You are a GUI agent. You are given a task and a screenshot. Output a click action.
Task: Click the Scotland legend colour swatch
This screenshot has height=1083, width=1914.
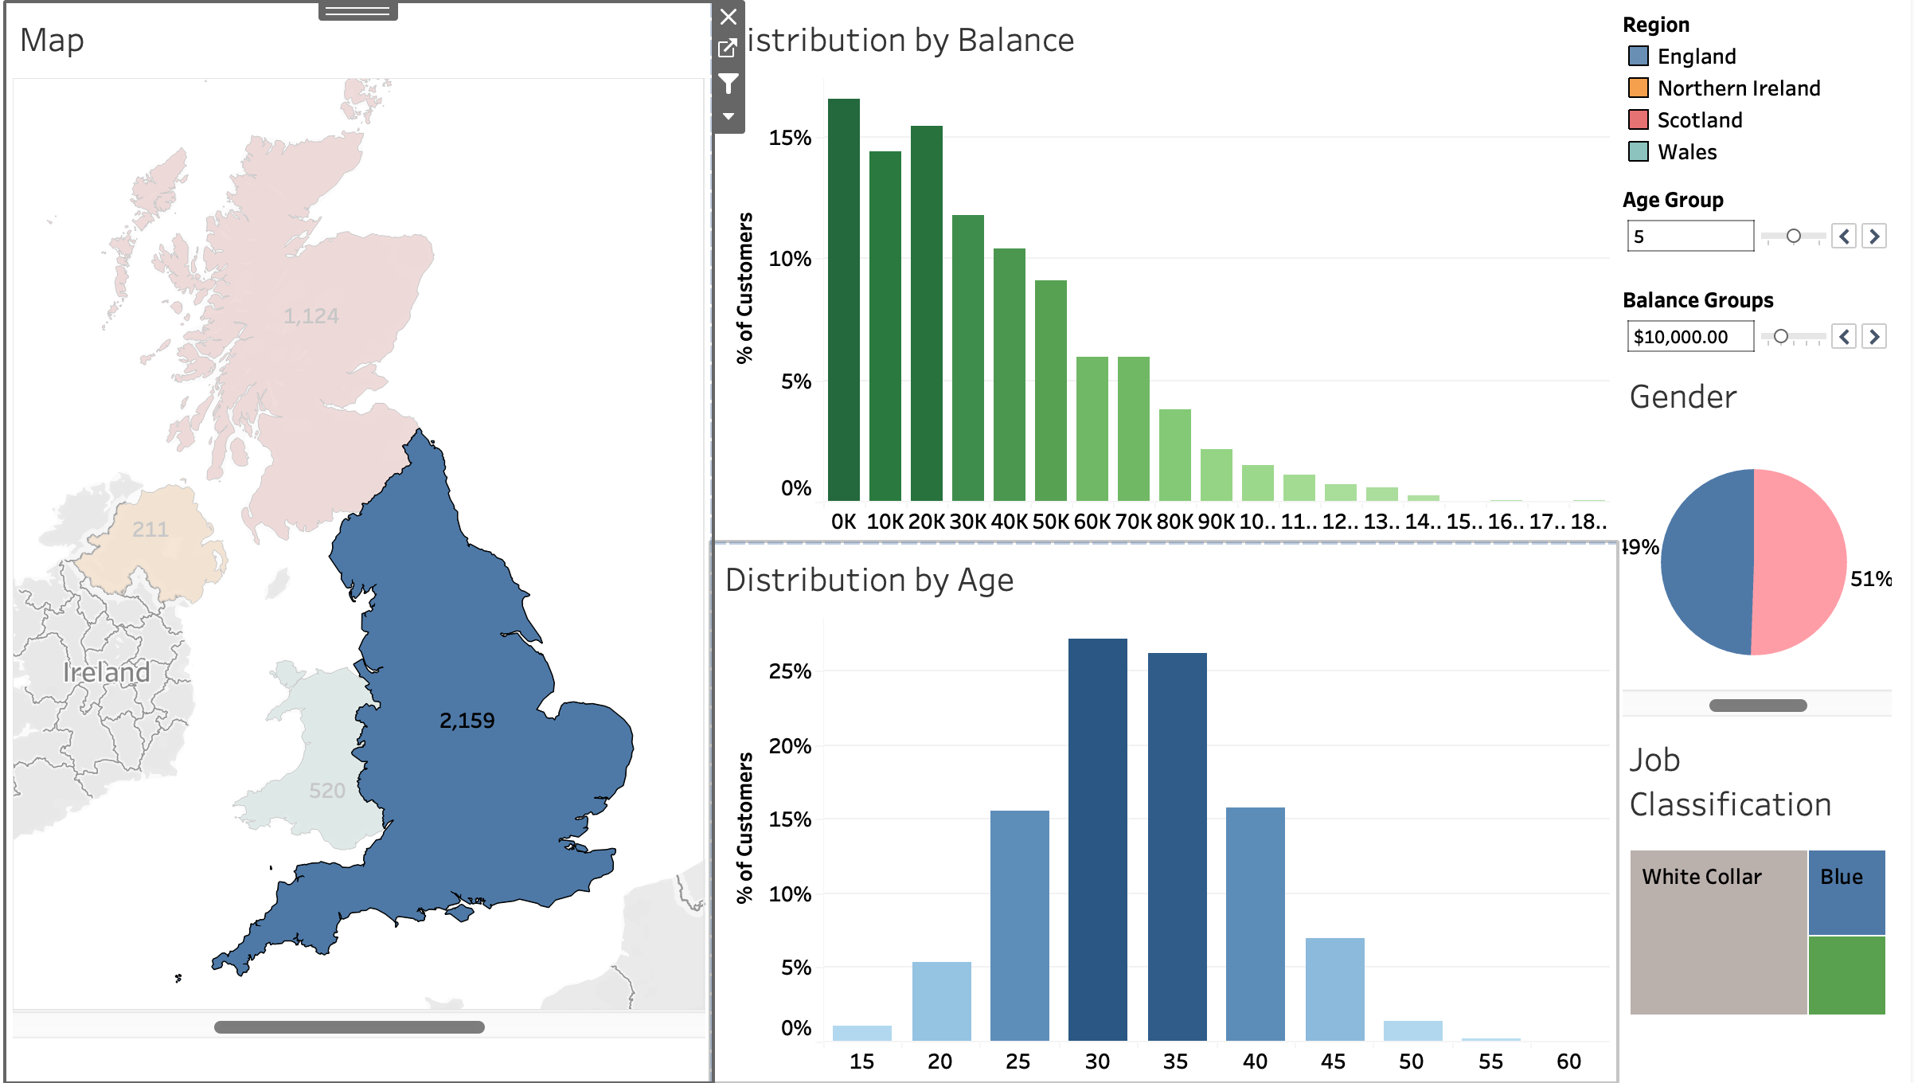click(1638, 119)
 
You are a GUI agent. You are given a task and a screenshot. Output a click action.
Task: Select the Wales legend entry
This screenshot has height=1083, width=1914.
click(1686, 151)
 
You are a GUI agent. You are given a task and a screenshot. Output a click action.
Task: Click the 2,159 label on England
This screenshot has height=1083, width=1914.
click(467, 721)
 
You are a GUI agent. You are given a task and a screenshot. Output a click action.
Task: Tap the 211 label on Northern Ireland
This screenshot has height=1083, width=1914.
click(150, 530)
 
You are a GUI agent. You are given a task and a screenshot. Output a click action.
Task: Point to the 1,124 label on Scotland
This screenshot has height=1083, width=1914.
click(311, 316)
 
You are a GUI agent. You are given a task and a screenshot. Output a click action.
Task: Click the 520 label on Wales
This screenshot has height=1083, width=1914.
click(326, 791)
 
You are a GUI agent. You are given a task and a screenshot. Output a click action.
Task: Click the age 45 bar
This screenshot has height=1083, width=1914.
click(1334, 988)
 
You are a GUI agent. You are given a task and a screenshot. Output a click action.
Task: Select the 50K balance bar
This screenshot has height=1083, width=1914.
click(1050, 390)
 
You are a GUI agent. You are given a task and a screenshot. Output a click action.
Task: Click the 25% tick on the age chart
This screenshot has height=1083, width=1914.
click(790, 671)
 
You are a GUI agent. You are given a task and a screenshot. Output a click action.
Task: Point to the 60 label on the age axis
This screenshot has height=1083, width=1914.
click(1568, 1061)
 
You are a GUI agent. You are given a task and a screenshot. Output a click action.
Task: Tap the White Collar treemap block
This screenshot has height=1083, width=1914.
click(1717, 932)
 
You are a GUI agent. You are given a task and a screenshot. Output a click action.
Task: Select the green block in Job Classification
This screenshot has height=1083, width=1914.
click(1846, 975)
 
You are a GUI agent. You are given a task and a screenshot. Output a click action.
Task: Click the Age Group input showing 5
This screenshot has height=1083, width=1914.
click(1689, 237)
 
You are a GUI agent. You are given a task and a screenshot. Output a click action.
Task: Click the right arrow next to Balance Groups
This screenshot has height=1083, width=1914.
click(1874, 337)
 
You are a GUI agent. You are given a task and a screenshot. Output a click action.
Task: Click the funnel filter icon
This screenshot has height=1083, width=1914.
click(728, 83)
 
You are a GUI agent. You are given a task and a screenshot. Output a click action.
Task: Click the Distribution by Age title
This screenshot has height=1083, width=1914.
click(869, 580)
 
